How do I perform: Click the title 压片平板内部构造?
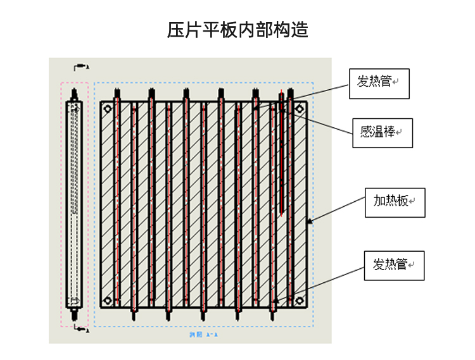pos(237,30)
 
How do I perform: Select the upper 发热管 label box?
pos(379,84)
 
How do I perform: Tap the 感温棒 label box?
pos(382,133)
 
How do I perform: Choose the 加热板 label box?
pos(395,202)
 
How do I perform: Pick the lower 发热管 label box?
pos(394,266)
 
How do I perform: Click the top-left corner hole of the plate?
pos(107,110)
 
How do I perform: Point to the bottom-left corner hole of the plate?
pos(107,301)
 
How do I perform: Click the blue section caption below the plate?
pos(203,333)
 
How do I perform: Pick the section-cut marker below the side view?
pos(80,328)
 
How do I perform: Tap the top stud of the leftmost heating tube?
pos(117,95)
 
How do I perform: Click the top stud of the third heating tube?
pos(186,95)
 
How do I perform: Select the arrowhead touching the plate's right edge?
pos(309,221)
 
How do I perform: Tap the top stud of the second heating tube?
pos(152,95)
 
